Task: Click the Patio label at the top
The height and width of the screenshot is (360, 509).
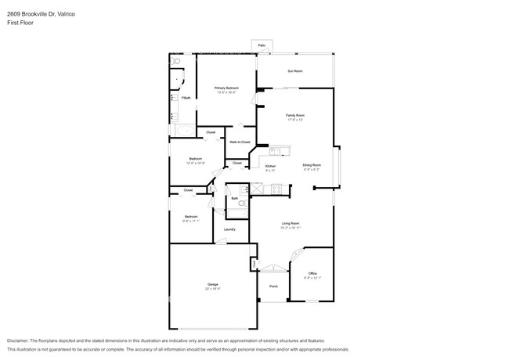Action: (x=261, y=45)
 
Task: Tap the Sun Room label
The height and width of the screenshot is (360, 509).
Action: (x=294, y=71)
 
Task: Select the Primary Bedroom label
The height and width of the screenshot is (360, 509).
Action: (x=226, y=88)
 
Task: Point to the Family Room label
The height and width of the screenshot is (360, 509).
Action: (x=294, y=115)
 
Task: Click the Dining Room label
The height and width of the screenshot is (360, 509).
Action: (x=312, y=165)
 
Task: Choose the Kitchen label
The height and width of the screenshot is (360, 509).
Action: (x=269, y=166)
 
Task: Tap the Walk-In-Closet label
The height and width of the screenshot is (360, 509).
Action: (x=238, y=142)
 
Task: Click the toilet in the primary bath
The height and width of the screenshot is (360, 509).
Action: (x=176, y=60)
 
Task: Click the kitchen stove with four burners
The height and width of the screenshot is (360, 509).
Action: (x=276, y=189)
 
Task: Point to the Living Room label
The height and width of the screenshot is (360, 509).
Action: (x=291, y=224)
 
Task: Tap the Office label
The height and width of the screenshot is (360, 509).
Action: (x=312, y=273)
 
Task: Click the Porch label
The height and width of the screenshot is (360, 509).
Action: (x=273, y=286)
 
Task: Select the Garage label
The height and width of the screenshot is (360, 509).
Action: (x=212, y=284)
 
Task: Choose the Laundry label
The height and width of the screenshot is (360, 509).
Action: (x=229, y=229)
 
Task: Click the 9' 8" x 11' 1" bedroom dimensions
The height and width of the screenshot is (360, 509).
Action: (x=191, y=221)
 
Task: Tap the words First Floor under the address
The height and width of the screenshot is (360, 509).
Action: (x=20, y=23)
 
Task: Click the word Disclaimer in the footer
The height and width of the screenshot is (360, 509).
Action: (x=21, y=341)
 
